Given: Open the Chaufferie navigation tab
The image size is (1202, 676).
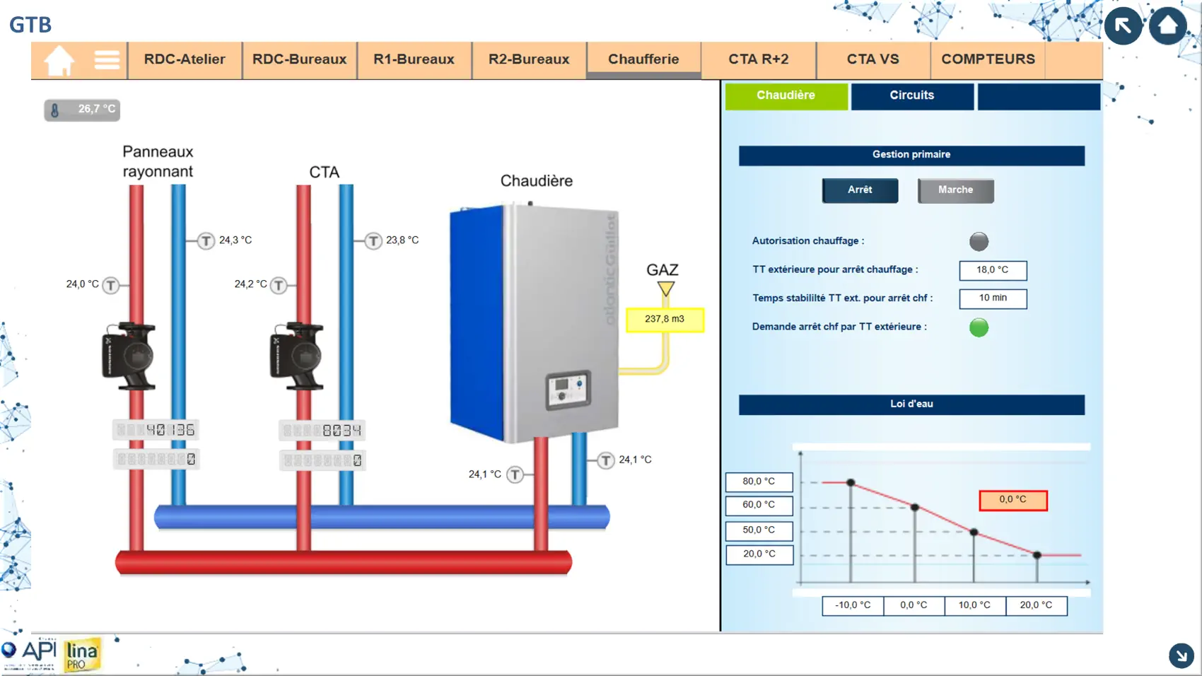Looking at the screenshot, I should pyautogui.click(x=643, y=59).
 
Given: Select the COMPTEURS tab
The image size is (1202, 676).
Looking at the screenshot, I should pyautogui.click(x=988, y=59).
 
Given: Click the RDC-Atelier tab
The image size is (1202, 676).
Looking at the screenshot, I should pyautogui.click(x=185, y=59).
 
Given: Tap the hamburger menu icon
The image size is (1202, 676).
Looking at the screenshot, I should pyautogui.click(x=107, y=60).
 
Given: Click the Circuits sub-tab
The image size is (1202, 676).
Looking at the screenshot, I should pyautogui.click(x=911, y=95).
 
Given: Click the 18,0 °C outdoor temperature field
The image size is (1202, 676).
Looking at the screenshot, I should pyautogui.click(x=993, y=270).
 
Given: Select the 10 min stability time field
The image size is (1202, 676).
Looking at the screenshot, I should pyautogui.click(x=993, y=298).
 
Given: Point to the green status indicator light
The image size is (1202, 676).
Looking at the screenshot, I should pyautogui.click(x=979, y=327).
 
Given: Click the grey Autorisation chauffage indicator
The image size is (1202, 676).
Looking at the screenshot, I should pyautogui.click(x=979, y=242).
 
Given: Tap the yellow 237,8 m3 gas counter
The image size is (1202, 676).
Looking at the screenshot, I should pyautogui.click(x=665, y=320).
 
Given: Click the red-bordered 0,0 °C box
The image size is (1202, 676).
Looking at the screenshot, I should pyautogui.click(x=1013, y=500).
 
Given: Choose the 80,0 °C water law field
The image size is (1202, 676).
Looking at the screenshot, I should pyautogui.click(x=759, y=482).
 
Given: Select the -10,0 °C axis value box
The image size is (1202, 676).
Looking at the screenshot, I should pyautogui.click(x=853, y=605).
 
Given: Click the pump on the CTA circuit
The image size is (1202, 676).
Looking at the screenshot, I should pyautogui.click(x=297, y=356).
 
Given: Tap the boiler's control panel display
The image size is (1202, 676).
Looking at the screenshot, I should pyautogui.click(x=568, y=390).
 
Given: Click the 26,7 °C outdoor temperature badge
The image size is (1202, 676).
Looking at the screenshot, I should pyautogui.click(x=83, y=110).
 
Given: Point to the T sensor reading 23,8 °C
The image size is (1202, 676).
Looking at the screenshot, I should pyautogui.click(x=373, y=241).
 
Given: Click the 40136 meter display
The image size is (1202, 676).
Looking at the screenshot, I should pyautogui.click(x=156, y=430).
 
